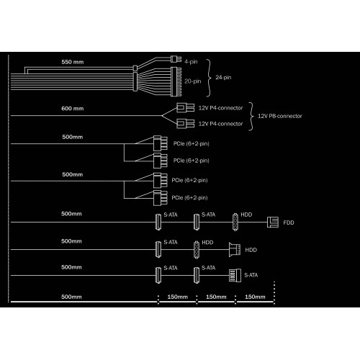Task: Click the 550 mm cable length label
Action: (73, 62)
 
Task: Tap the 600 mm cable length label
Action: (73, 109)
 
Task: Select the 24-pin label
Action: (223, 78)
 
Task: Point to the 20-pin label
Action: (193, 81)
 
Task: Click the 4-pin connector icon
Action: (176, 59)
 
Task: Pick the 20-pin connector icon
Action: (176, 81)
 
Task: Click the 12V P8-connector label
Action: (280, 116)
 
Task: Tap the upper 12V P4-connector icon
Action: (185, 108)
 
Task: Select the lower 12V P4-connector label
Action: (220, 124)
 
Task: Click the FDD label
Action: (289, 222)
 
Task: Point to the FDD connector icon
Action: (273, 222)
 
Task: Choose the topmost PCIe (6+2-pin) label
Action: (192, 144)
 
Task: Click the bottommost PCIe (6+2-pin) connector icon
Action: (161, 198)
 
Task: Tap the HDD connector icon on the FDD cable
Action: (235, 222)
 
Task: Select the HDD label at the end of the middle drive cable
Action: (251, 250)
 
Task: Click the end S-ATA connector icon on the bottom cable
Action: (235, 275)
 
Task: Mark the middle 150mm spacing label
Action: (216, 297)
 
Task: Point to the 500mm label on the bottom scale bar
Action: (71, 297)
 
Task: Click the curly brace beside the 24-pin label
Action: (209, 78)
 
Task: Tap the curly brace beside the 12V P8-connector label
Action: (251, 117)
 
